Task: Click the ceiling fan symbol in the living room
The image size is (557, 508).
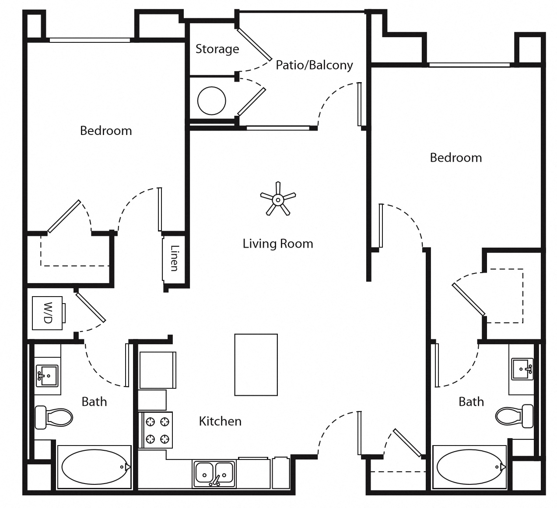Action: [277, 200]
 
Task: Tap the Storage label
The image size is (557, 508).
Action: [217, 49]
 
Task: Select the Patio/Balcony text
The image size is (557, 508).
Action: [314, 65]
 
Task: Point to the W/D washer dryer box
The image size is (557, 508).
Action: [48, 313]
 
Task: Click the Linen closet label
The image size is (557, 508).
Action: [174, 258]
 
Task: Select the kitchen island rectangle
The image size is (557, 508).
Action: [256, 365]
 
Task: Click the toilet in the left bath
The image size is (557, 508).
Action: [53, 417]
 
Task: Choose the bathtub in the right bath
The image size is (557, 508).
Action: [470, 467]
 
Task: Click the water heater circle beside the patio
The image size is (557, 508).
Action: [211, 100]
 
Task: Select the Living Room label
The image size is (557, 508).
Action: [278, 244]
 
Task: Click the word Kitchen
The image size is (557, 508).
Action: [220, 421]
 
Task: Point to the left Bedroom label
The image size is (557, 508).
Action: [106, 131]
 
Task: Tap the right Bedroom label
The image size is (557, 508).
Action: [456, 158]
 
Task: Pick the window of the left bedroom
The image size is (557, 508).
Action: [90, 40]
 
